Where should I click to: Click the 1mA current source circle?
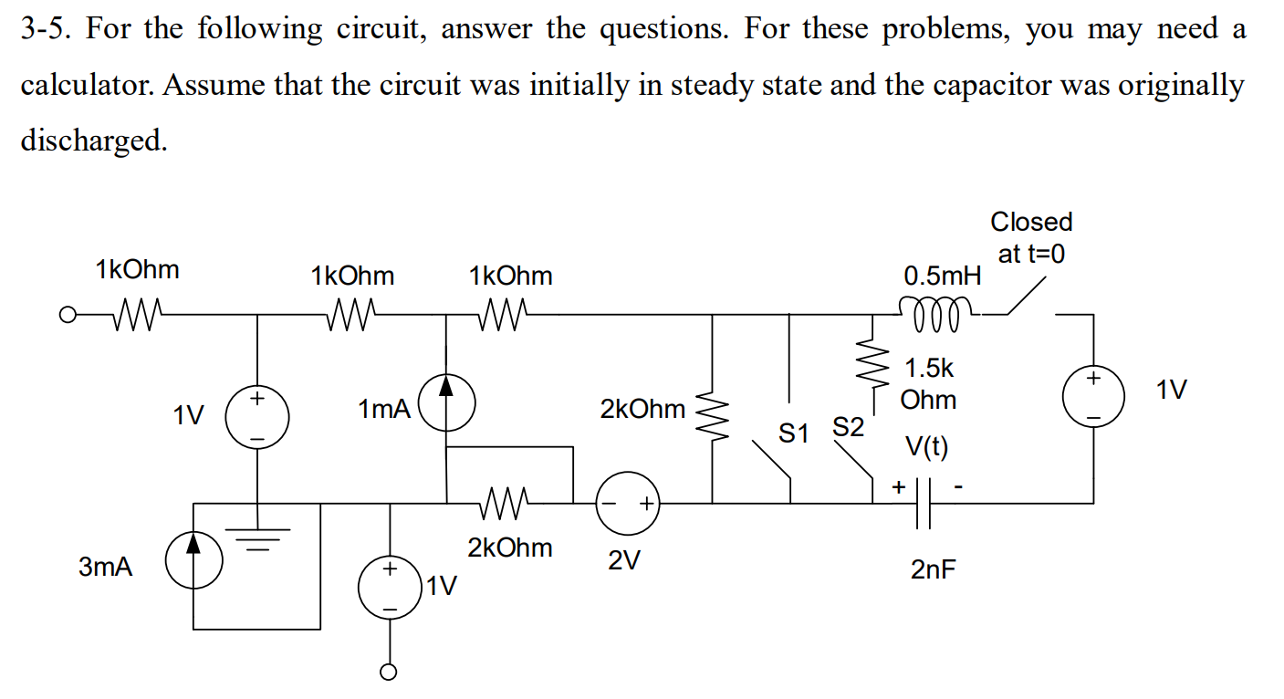pyautogui.click(x=446, y=408)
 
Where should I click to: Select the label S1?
pyautogui.click(x=793, y=433)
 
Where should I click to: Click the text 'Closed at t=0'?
pyautogui.click(x=1031, y=237)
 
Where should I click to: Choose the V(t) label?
pyautogui.click(x=927, y=447)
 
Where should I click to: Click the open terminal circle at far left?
pyautogui.click(x=66, y=316)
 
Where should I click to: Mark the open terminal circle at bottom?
pyautogui.click(x=390, y=673)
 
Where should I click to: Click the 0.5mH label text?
pyautogui.click(x=942, y=275)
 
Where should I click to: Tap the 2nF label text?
pyautogui.click(x=934, y=570)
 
